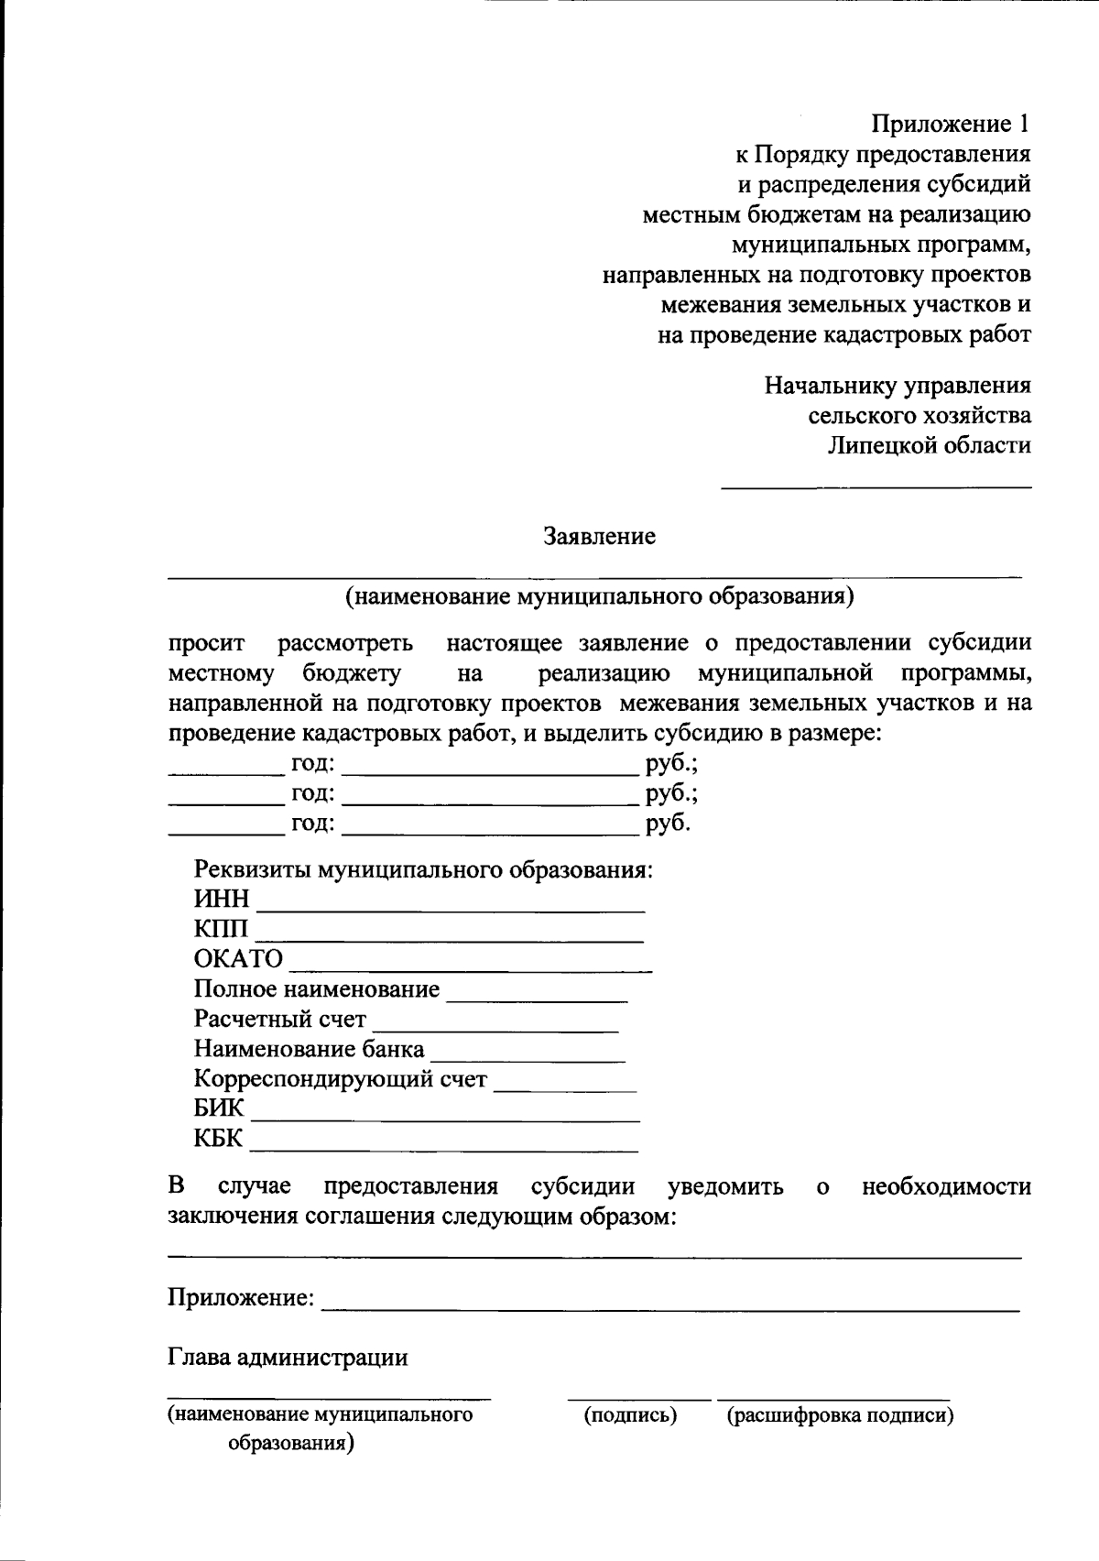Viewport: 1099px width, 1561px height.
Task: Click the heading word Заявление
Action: tap(600, 536)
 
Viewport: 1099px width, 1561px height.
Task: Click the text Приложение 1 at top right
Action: tap(951, 125)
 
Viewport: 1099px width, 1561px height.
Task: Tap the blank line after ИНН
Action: tap(452, 907)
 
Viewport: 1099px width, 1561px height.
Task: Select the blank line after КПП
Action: tap(449, 937)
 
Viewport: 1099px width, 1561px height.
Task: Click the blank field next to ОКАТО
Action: tap(470, 966)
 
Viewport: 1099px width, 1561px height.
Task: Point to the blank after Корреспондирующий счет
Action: tap(565, 1087)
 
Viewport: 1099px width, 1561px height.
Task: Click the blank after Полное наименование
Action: tap(537, 997)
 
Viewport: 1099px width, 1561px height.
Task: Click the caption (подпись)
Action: tap(631, 1415)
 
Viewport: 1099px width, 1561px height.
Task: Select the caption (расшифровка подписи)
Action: tap(840, 1415)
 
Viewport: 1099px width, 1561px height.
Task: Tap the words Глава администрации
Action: tap(288, 1357)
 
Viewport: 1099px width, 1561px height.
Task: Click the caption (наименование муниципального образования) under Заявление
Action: tap(599, 597)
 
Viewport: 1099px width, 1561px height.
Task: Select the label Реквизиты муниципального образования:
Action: tap(423, 869)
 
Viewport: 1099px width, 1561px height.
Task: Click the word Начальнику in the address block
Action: tap(831, 386)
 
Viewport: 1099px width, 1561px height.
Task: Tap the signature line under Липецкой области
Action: tap(876, 486)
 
